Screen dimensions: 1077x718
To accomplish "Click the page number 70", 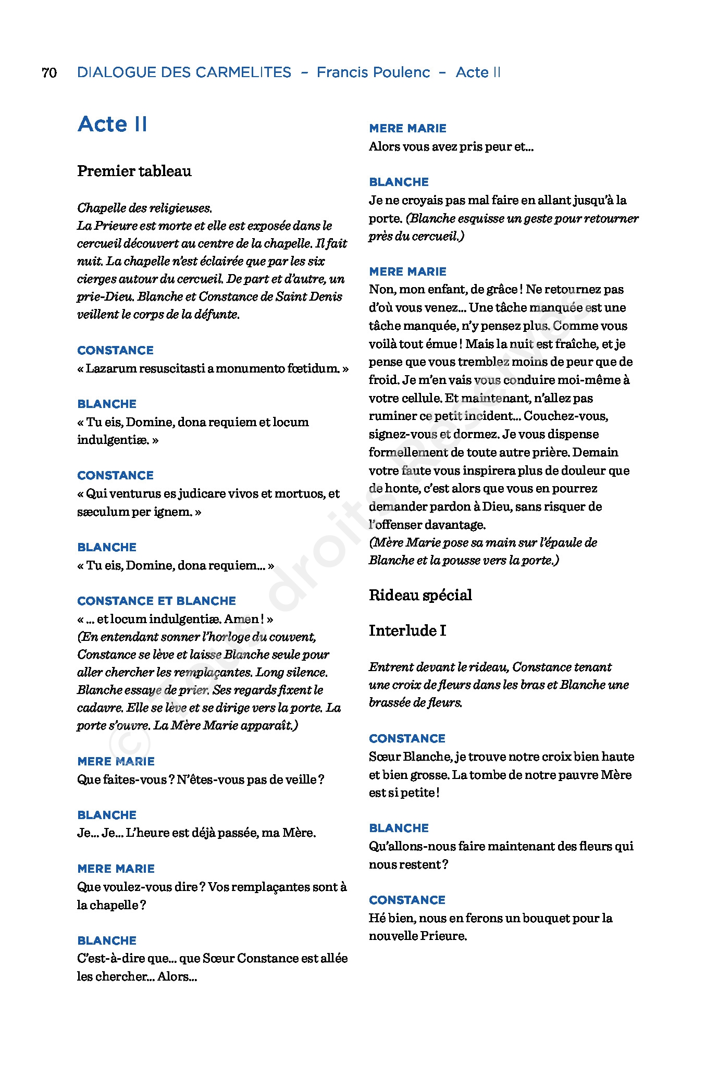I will click(x=49, y=72).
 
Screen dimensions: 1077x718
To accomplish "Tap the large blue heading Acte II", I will click(x=113, y=124).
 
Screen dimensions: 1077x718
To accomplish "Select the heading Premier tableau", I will click(x=134, y=171).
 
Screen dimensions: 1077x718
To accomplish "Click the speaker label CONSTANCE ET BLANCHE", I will click(x=156, y=601).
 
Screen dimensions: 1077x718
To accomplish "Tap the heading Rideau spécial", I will click(x=420, y=595).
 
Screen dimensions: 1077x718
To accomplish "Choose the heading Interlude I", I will click(x=407, y=630).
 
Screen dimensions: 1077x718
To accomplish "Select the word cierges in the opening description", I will click(x=97, y=279).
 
